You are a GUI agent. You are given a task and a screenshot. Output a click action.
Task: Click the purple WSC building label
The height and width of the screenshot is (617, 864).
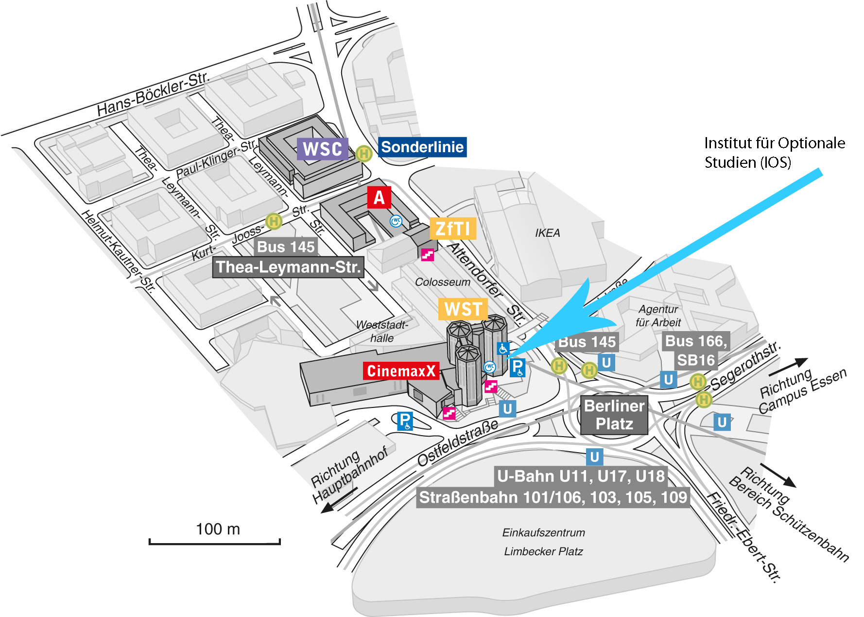[323, 149]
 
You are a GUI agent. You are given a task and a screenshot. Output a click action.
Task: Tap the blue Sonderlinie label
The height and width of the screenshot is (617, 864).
[422, 147]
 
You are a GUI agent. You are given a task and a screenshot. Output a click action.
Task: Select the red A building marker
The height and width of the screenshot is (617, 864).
[379, 197]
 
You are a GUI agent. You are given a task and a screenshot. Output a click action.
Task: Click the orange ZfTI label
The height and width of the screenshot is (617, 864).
[453, 229]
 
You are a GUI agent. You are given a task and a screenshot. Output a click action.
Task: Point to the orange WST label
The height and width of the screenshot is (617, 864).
[463, 309]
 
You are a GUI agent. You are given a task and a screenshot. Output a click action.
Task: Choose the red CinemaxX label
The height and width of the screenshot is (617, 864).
[401, 371]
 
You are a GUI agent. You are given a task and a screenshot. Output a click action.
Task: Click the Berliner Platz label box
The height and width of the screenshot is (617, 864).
[614, 415]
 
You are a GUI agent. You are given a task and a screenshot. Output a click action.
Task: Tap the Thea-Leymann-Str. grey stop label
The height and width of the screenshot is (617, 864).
[288, 267]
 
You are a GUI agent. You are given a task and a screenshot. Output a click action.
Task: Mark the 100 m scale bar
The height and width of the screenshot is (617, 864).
[214, 541]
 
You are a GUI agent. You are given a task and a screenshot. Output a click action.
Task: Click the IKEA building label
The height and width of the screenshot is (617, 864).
[548, 233]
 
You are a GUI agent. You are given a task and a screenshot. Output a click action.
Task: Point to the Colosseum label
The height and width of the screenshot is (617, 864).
[443, 282]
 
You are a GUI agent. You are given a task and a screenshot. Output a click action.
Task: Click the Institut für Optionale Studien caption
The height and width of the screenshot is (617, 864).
[775, 153]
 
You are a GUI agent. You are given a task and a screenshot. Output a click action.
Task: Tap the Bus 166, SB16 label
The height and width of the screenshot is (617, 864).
[696, 351]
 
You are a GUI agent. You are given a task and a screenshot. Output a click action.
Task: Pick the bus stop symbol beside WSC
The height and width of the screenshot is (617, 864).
[363, 154]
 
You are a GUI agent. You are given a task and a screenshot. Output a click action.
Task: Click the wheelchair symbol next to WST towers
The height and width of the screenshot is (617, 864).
[503, 348]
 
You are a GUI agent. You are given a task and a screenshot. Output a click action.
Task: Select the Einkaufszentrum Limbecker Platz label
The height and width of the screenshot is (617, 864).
[543, 542]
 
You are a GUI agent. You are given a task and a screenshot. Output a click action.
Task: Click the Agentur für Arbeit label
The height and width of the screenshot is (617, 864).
[658, 316]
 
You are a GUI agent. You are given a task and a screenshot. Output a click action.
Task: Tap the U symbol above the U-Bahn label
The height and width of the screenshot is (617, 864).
[594, 457]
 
